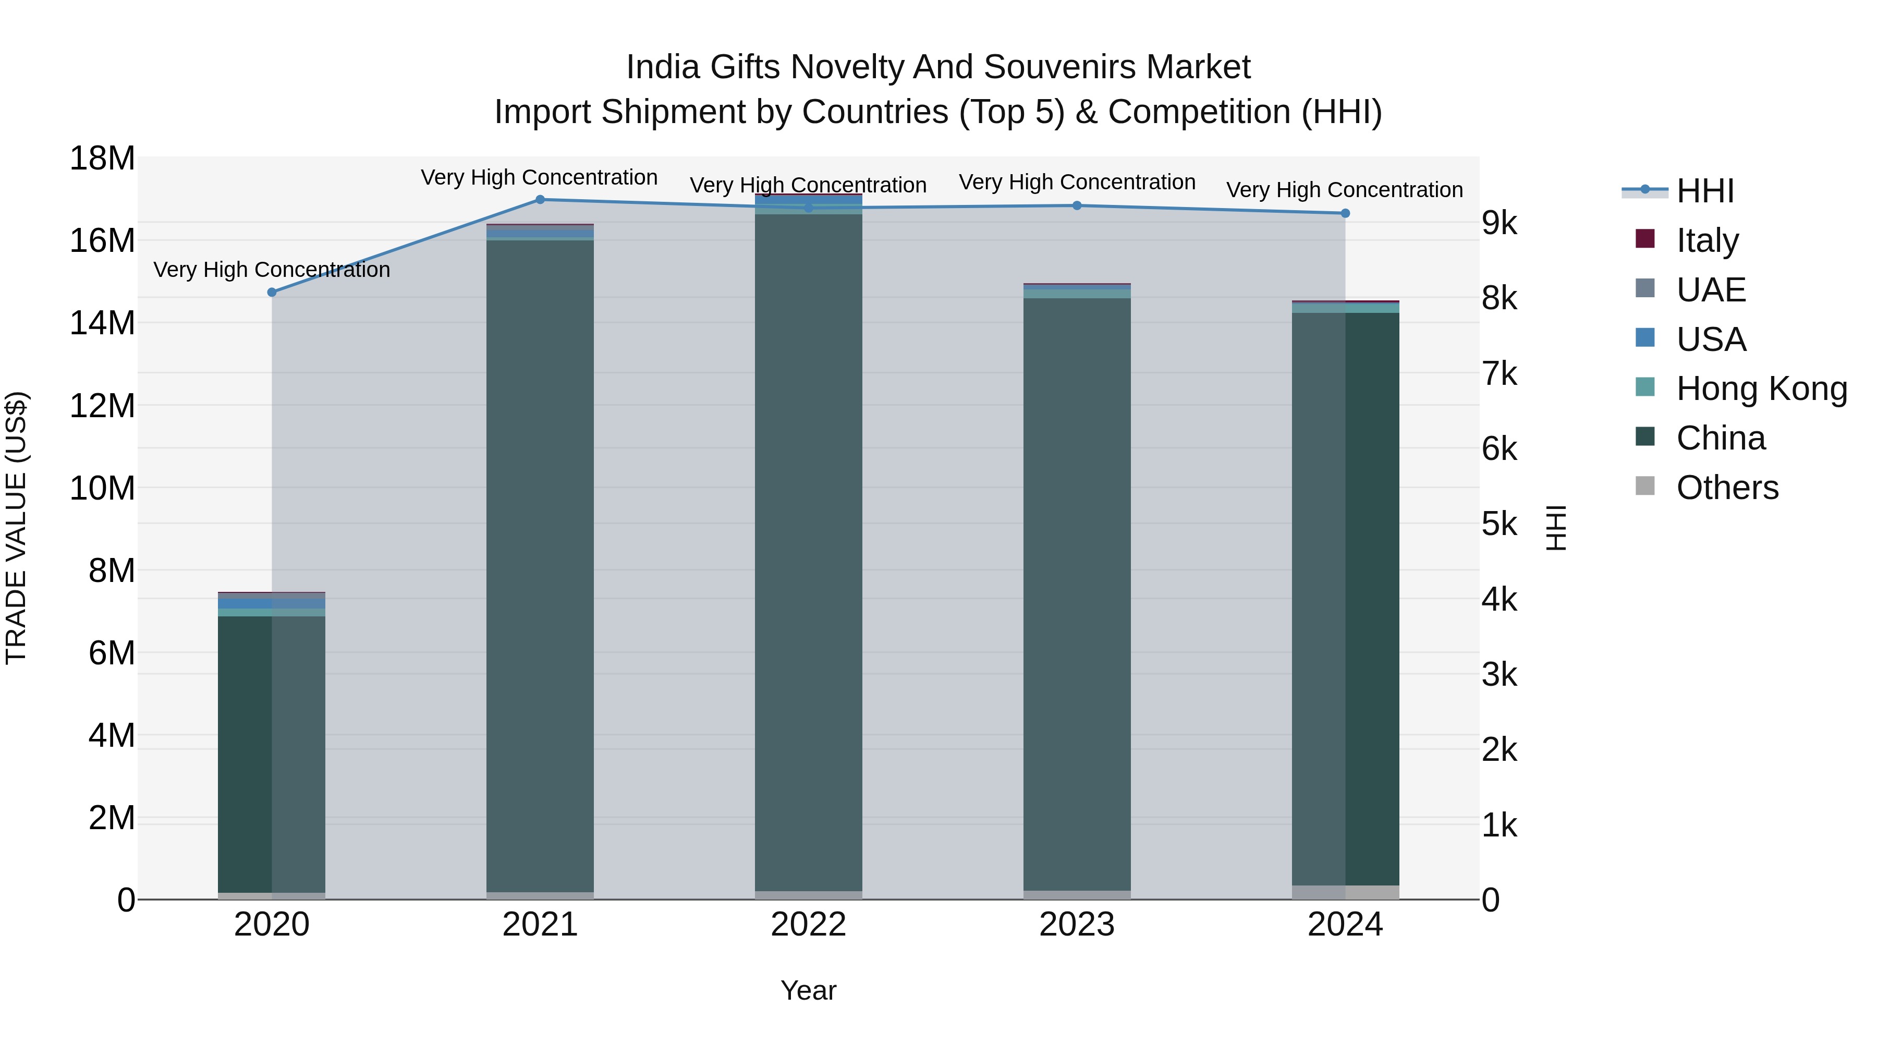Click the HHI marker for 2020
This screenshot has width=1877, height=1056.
(272, 292)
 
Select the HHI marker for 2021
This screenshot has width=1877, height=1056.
(540, 200)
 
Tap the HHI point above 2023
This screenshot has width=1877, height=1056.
(1077, 205)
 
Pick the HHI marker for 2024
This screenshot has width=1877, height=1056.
(1345, 213)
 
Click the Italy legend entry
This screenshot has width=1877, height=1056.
(1707, 240)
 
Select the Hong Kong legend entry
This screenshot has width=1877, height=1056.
(1761, 389)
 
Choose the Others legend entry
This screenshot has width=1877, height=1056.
(1727, 488)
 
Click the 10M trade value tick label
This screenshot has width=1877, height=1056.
(102, 488)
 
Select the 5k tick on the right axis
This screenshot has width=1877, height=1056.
(1500, 524)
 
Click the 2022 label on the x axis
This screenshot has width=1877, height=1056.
(808, 925)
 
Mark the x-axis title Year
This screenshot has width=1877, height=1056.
(808, 990)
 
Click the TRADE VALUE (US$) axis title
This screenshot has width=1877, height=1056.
(16, 528)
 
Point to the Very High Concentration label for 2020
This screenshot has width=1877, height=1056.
(272, 270)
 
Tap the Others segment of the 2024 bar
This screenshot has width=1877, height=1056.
(1345, 892)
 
